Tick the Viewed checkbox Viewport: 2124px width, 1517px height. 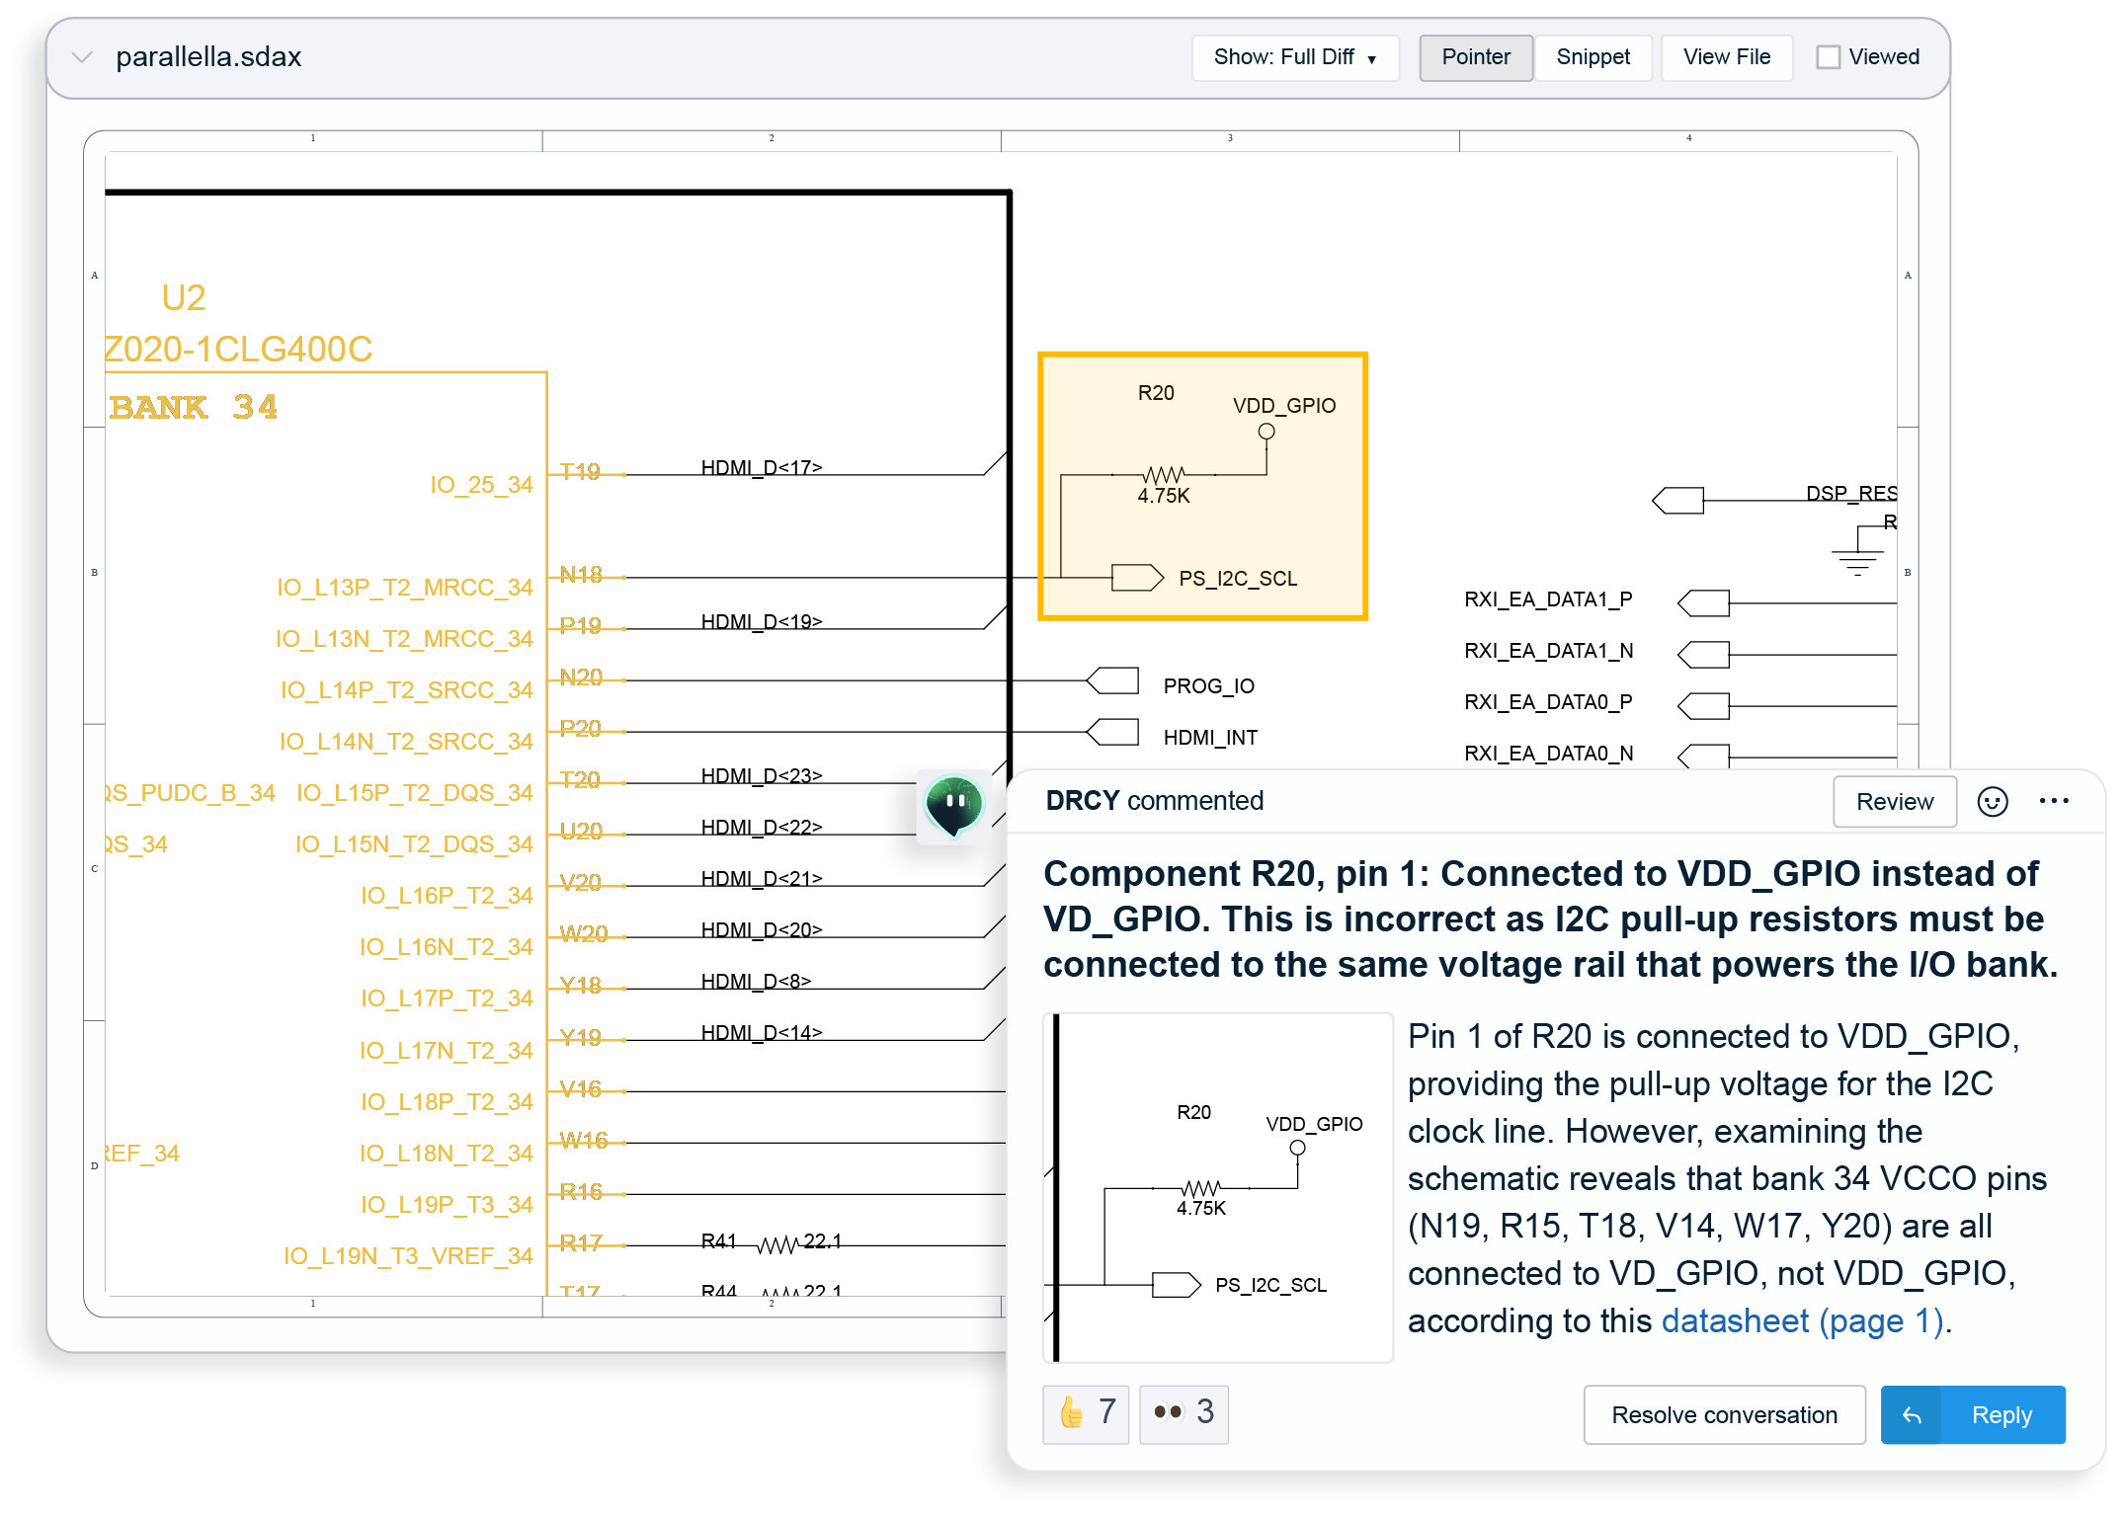click(1828, 57)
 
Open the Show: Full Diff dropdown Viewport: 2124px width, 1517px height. click(1294, 57)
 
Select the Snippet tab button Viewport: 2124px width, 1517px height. click(1593, 57)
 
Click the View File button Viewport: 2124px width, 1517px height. click(1726, 57)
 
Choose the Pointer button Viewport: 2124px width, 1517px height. click(1475, 57)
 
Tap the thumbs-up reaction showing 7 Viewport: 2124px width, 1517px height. click(1086, 1412)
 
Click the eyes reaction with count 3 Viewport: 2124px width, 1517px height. click(1184, 1412)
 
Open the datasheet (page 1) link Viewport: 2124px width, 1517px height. click(1802, 1320)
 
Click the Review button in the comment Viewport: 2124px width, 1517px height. click(1894, 801)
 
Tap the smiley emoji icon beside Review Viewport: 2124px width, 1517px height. click(1992, 801)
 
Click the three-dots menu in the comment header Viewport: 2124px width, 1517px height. click(2054, 801)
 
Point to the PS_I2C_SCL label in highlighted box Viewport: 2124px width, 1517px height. click(1237, 579)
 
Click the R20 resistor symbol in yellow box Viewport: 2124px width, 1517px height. click(1163, 474)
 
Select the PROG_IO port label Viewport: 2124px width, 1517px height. click(1208, 685)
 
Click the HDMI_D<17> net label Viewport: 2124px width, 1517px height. click(761, 467)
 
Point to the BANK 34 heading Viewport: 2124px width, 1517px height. click(194, 407)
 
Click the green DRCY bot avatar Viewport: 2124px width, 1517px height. click(953, 805)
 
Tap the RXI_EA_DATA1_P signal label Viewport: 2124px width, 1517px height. click(1548, 599)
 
